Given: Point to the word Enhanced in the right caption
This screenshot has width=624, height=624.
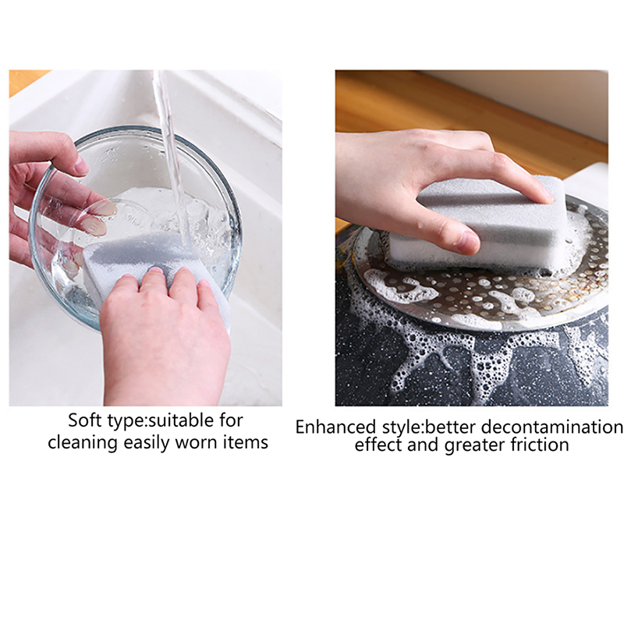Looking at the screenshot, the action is pyautogui.click(x=335, y=427).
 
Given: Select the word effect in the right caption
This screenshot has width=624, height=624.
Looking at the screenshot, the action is pyautogui.click(x=378, y=445).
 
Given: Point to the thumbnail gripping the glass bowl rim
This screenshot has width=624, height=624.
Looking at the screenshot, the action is pyautogui.click(x=82, y=165).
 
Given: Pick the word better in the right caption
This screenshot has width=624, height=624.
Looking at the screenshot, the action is pyautogui.click(x=451, y=427).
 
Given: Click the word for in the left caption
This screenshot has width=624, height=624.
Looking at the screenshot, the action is pyautogui.click(x=231, y=420).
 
